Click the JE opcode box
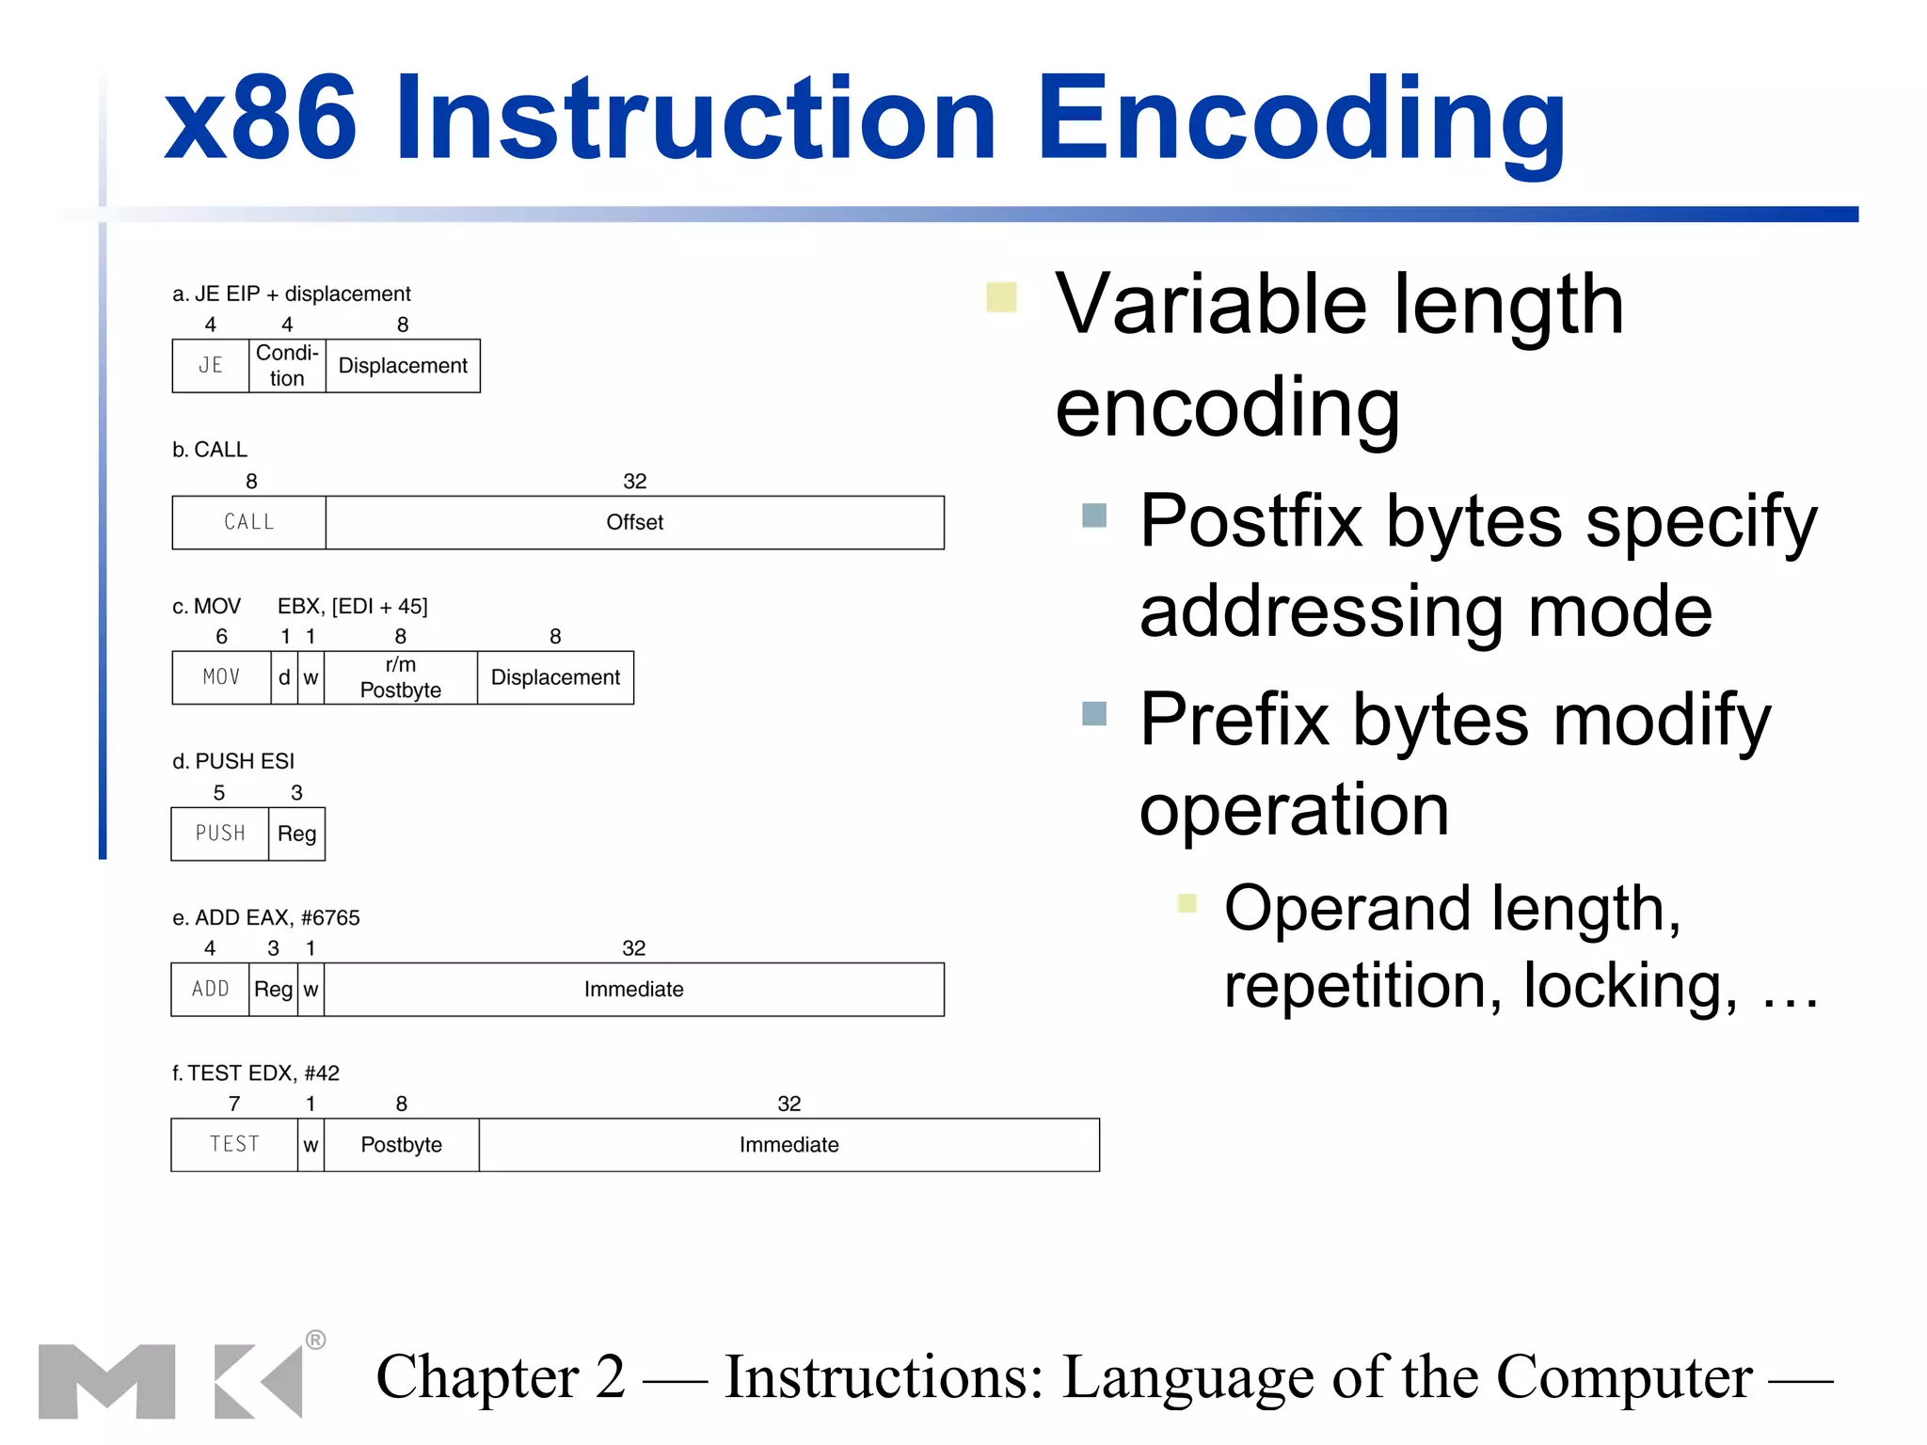[x=211, y=366]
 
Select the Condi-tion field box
[x=287, y=366]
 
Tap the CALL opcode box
[x=248, y=522]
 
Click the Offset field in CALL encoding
[x=634, y=522]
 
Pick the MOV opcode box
[x=221, y=677]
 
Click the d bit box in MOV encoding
[x=284, y=677]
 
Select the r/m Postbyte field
[x=401, y=677]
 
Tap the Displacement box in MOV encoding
[x=555, y=677]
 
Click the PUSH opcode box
[x=220, y=834]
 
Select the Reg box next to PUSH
[x=296, y=834]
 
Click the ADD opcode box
[x=210, y=989]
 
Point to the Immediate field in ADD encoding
[x=633, y=989]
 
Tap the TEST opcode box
[x=234, y=1145]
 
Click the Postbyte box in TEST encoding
[x=401, y=1145]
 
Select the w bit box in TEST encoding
[x=311, y=1145]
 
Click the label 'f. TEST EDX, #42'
[x=256, y=1073]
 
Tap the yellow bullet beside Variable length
[x=1001, y=297]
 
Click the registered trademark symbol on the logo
[x=316, y=1340]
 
